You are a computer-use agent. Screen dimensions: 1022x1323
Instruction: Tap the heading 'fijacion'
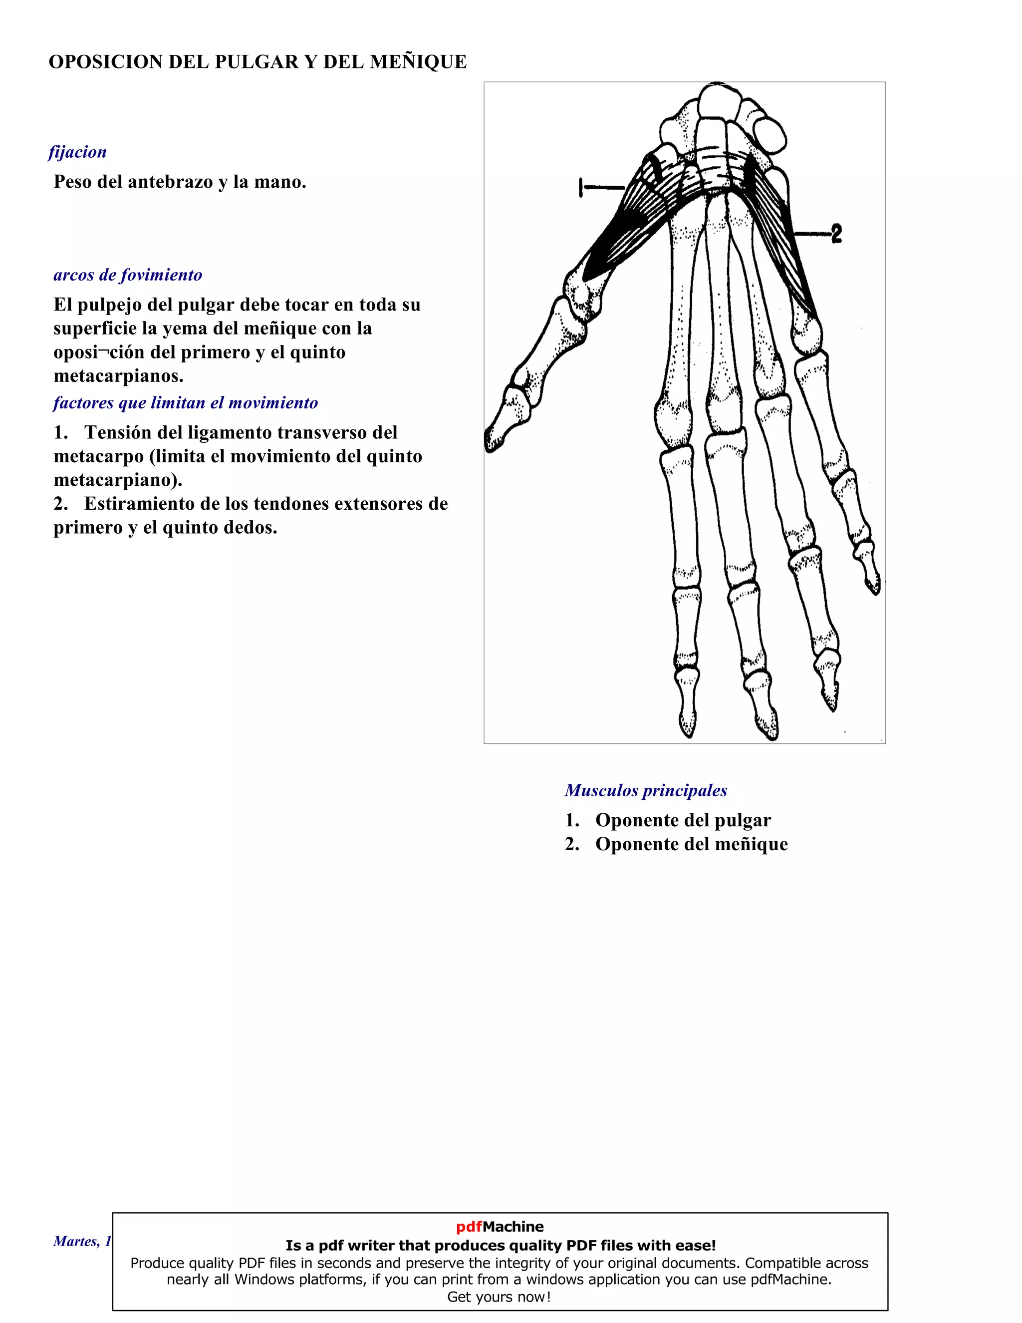[77, 152]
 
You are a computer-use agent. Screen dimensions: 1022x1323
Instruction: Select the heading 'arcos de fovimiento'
[128, 275]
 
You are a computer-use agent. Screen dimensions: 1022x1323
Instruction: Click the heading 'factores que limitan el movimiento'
[185, 403]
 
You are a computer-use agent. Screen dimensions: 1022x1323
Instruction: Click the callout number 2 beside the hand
[837, 233]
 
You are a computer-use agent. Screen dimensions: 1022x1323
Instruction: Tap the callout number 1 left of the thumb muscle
[581, 188]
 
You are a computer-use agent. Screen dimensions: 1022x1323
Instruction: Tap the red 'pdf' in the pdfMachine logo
[469, 1227]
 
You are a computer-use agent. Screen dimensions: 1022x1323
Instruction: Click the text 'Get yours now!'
[499, 1297]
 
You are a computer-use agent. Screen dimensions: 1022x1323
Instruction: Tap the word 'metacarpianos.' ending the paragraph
[118, 376]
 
